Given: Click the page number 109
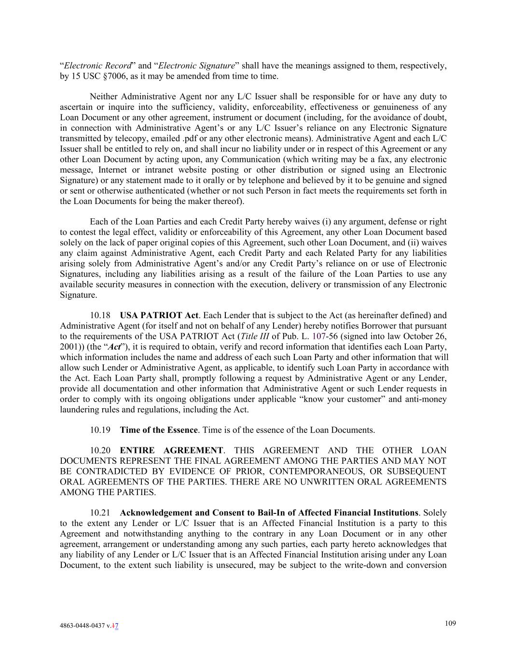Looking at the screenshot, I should [450, 623].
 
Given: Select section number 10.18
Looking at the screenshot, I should [100, 316].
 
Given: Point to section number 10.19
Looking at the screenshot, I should [100, 430].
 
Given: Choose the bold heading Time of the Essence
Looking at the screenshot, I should [159, 430].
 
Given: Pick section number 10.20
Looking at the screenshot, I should [100, 451].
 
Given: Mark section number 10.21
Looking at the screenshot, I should [100, 513].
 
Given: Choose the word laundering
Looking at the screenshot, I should [80, 410].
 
